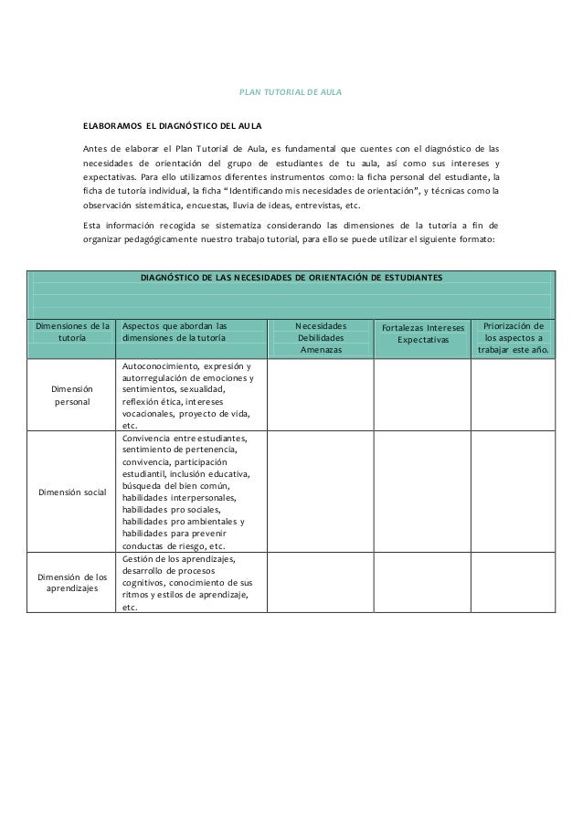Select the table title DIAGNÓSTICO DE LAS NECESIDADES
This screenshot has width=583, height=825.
click(x=291, y=276)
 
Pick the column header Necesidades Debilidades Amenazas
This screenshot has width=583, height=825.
click(x=321, y=336)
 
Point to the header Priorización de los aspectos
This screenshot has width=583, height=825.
click(x=514, y=336)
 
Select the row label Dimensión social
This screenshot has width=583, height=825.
click(x=72, y=492)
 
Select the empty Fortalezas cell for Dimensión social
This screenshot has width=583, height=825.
click(x=422, y=492)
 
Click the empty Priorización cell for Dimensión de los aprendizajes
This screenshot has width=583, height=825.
click(x=514, y=582)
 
